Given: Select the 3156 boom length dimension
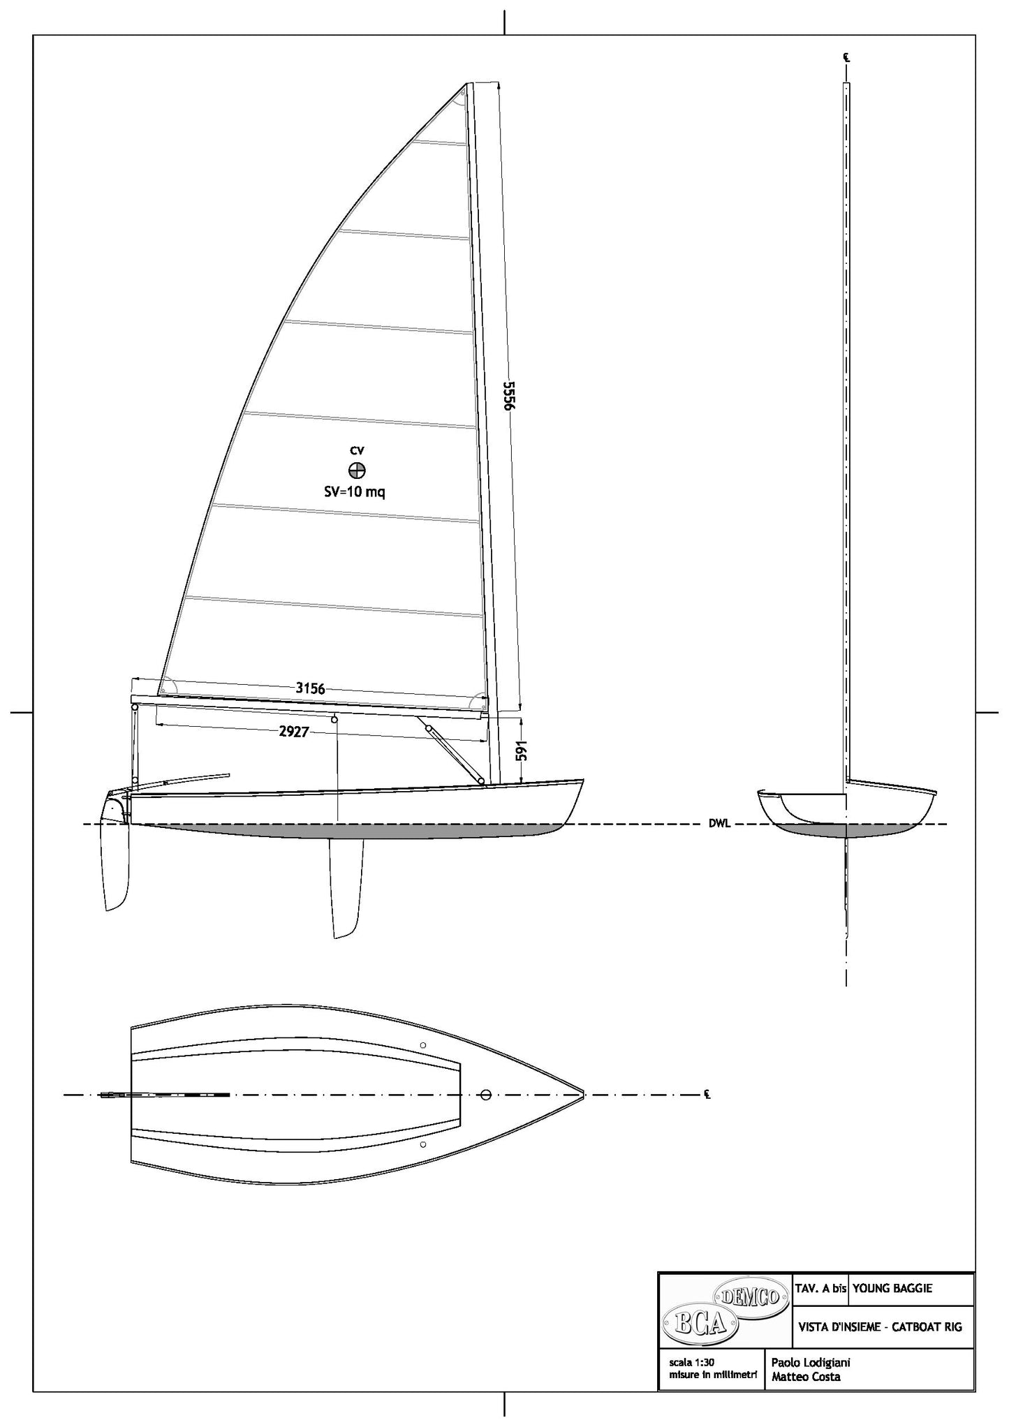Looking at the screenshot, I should pos(310,688).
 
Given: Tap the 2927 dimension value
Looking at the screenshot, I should pos(293,732).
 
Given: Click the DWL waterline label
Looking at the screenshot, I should pos(719,824).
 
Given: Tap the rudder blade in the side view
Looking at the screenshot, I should pos(116,866).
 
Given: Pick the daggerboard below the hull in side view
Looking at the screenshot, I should pos(347,887).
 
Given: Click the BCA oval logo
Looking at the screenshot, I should pos(699,1324).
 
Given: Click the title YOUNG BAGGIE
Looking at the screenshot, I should pos(892,1289).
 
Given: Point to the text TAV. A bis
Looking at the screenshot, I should pos(821,1289).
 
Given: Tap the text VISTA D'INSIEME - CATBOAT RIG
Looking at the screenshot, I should pos(880,1326).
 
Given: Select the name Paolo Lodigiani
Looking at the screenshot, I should pos(810,1362).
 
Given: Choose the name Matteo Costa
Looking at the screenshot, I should pos(806,1377).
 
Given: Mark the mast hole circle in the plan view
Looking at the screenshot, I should pos(487,1094).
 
